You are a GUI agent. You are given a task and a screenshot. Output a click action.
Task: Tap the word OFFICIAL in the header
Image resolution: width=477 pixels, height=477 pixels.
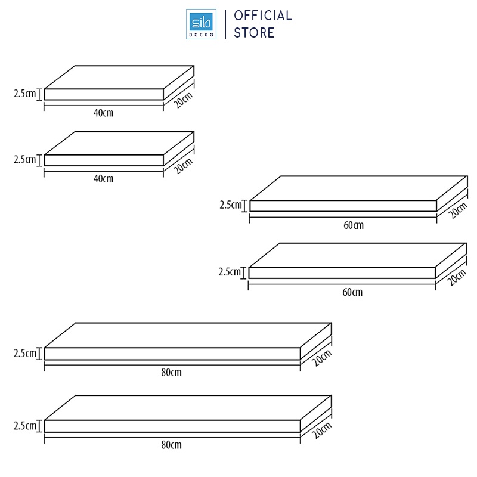click(262, 16)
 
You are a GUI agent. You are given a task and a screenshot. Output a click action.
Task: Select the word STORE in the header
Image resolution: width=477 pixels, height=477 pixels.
click(254, 33)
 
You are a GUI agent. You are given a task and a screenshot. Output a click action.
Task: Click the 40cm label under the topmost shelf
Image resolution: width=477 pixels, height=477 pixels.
click(104, 113)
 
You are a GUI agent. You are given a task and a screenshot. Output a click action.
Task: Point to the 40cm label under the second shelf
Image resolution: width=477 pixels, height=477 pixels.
click(104, 178)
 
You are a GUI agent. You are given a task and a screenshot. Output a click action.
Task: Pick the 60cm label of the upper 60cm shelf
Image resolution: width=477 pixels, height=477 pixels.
click(353, 225)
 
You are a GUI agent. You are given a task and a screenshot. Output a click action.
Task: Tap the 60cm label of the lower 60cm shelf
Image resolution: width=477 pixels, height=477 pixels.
click(352, 292)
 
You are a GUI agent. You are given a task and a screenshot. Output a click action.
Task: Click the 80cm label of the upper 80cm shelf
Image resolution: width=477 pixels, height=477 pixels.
click(171, 373)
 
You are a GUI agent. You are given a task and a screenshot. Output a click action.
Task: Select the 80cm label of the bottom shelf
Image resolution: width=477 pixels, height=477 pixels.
click(171, 445)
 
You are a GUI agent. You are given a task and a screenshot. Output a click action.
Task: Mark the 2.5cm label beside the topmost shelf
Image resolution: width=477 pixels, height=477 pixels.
click(24, 94)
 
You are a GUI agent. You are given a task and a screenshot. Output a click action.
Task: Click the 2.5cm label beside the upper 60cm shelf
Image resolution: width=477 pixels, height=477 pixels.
click(231, 205)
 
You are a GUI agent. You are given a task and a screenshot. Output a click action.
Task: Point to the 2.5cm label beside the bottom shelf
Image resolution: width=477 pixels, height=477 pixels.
click(24, 426)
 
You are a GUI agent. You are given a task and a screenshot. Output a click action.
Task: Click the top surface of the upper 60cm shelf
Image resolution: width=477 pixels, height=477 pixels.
click(358, 188)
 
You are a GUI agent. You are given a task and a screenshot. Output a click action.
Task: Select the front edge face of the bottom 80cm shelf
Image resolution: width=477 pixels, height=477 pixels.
click(172, 426)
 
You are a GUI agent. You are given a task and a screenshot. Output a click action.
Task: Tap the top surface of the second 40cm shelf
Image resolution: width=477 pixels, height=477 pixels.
click(119, 143)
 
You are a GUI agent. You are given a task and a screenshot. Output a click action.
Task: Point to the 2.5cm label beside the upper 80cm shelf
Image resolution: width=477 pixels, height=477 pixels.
click(24, 353)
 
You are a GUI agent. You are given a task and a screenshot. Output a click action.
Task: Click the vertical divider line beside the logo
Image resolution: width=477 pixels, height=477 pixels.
click(225, 24)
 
